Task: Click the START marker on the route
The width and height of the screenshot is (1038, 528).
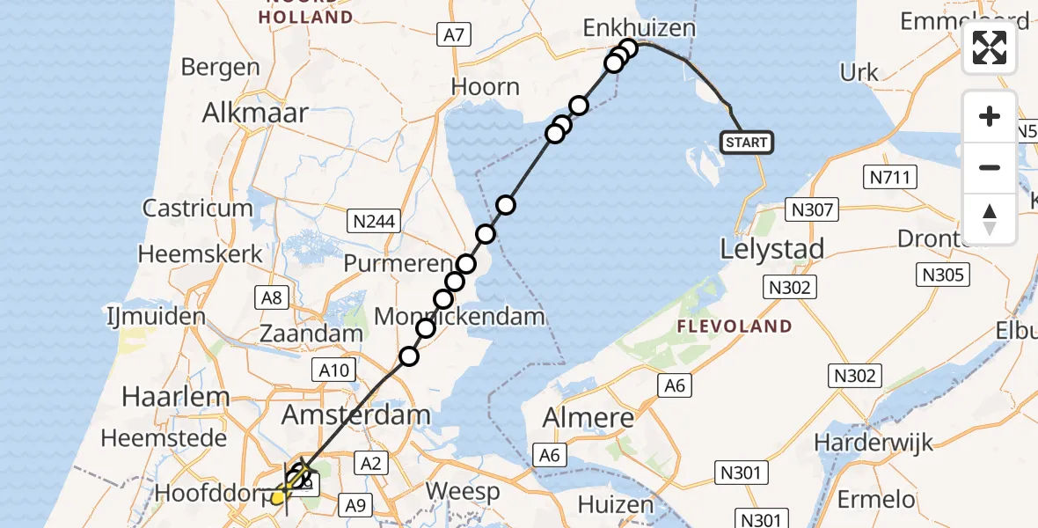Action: tap(747, 142)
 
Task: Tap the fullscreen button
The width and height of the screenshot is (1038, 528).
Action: tap(990, 48)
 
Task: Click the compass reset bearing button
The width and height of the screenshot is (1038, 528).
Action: tap(990, 219)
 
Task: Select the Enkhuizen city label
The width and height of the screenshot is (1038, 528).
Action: tap(640, 28)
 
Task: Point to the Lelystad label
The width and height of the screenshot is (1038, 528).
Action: tap(772, 249)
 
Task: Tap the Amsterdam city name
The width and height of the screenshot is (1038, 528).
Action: tap(355, 414)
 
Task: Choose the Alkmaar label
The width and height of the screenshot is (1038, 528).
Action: tap(255, 113)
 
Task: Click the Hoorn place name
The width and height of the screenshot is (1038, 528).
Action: tap(485, 87)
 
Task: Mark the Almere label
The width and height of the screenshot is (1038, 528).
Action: tap(588, 418)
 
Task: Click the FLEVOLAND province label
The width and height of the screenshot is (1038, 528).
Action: tap(735, 326)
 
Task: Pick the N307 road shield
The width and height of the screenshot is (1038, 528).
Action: tap(813, 209)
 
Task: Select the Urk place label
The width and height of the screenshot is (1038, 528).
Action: tap(859, 72)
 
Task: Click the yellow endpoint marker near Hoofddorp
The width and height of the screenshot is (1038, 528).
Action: tap(278, 497)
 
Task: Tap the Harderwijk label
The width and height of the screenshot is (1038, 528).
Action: tap(874, 442)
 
